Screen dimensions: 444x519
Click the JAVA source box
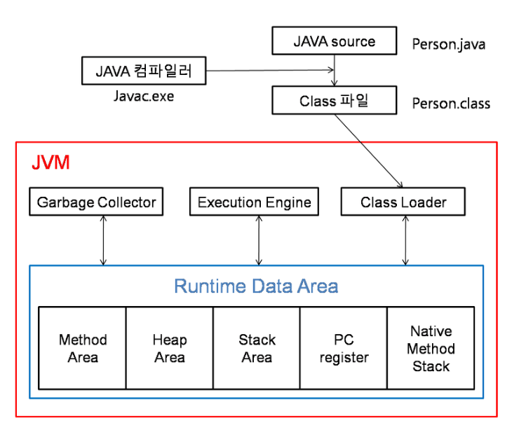pyautogui.click(x=334, y=42)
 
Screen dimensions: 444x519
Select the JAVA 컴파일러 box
pyautogui.click(x=144, y=71)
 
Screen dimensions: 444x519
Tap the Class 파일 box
pyautogui.click(x=334, y=101)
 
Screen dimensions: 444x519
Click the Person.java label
pyautogui.click(x=449, y=44)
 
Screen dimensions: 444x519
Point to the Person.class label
pyautogui.click(x=451, y=103)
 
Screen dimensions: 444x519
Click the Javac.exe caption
pyautogui.click(x=143, y=96)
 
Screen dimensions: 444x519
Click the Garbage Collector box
pyautogui.click(x=96, y=202)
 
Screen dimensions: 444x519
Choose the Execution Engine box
pyautogui.click(x=254, y=202)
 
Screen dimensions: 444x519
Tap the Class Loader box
pyautogui.click(x=403, y=202)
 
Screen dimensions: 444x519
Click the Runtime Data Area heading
pyautogui.click(x=256, y=286)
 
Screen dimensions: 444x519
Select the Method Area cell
pyautogui.click(x=83, y=348)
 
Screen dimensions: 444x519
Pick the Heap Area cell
pyautogui.click(x=170, y=348)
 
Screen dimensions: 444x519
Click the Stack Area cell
pyautogui.click(x=257, y=348)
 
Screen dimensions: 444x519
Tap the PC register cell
pyautogui.click(x=344, y=348)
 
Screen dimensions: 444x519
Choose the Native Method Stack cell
pyautogui.click(x=431, y=348)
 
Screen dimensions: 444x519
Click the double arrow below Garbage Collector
pyautogui.click(x=103, y=240)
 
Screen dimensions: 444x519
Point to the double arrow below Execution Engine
pyautogui.click(x=259, y=240)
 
